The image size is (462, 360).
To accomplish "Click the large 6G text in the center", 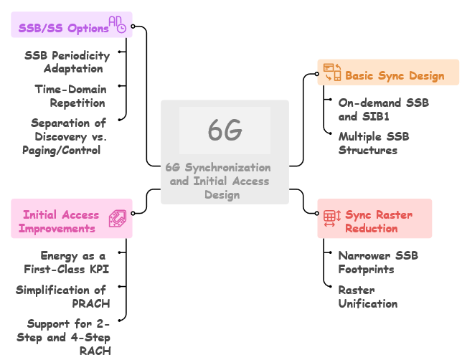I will (x=225, y=131).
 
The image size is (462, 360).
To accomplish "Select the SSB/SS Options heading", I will (x=64, y=28).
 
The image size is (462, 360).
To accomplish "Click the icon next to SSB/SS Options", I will (x=118, y=25).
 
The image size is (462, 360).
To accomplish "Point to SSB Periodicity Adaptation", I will (x=67, y=62).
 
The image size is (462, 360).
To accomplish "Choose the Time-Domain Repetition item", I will (x=70, y=96).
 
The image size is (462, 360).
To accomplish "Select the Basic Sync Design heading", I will (x=395, y=75).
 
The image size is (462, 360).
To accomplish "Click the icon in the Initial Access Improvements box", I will (x=118, y=219).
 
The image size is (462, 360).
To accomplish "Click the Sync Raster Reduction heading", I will (x=379, y=221).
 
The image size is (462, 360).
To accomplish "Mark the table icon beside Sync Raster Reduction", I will (x=331, y=218).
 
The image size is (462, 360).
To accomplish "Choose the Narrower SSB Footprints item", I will (x=378, y=262).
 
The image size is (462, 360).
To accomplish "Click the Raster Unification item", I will (x=368, y=296).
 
